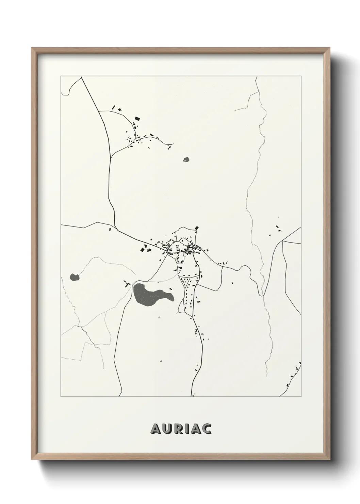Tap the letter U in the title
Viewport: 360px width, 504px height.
point(166,429)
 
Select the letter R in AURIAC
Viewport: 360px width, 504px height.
point(178,429)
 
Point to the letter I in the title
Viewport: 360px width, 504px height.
point(186,429)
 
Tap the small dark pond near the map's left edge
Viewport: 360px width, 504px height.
point(74,277)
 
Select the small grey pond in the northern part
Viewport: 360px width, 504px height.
point(186,159)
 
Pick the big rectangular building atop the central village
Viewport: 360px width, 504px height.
point(196,228)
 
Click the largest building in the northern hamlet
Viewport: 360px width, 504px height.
point(137,119)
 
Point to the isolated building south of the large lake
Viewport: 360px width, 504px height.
point(161,361)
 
